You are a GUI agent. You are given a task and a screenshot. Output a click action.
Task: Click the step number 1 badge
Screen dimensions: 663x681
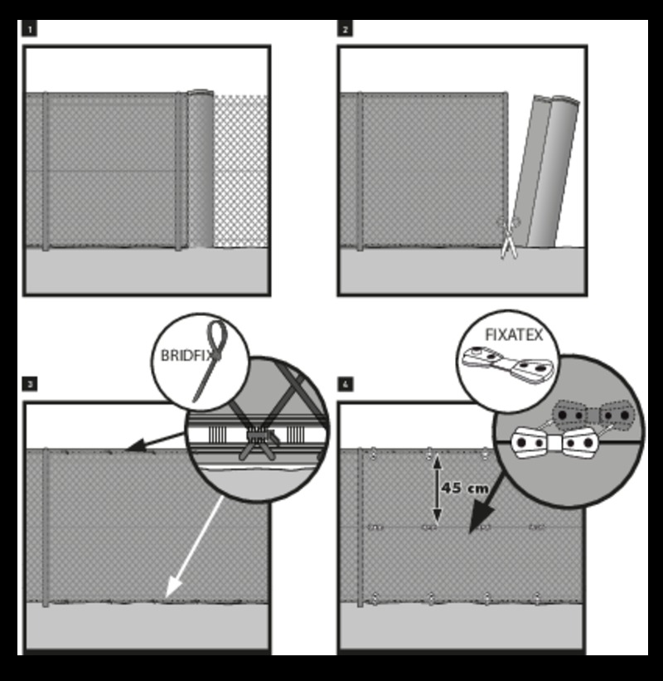pyautogui.click(x=30, y=29)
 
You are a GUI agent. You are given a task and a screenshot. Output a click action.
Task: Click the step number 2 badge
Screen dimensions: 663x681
pyautogui.click(x=345, y=29)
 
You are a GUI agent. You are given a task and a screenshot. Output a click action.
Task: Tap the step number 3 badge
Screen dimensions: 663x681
pyautogui.click(x=30, y=384)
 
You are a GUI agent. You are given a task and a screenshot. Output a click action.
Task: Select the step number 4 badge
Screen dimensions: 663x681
pyautogui.click(x=345, y=384)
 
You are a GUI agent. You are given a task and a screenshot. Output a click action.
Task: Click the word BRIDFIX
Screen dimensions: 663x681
pyautogui.click(x=189, y=355)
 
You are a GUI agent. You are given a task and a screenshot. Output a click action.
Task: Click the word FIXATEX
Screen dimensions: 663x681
pyautogui.click(x=514, y=334)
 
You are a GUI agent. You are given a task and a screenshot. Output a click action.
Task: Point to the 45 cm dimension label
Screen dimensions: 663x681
pyautogui.click(x=465, y=488)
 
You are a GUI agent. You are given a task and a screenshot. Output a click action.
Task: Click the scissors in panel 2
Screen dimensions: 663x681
pyautogui.click(x=508, y=237)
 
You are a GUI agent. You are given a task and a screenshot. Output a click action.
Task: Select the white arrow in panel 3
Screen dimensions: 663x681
pyautogui.click(x=195, y=548)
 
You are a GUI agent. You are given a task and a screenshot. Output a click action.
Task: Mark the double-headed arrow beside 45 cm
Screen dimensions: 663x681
pyautogui.click(x=437, y=489)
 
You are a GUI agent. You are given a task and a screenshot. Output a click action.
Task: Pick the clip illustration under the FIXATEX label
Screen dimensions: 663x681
pyautogui.click(x=508, y=365)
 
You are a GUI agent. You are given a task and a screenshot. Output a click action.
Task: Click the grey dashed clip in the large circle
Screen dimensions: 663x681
pyautogui.click(x=593, y=415)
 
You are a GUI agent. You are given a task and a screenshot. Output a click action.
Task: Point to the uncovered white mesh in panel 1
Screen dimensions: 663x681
pyautogui.click(x=241, y=171)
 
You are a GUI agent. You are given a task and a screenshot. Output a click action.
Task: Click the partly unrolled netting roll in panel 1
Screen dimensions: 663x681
pyautogui.click(x=200, y=168)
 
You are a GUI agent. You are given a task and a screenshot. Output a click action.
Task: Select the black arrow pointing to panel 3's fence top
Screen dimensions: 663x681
pyautogui.click(x=155, y=440)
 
